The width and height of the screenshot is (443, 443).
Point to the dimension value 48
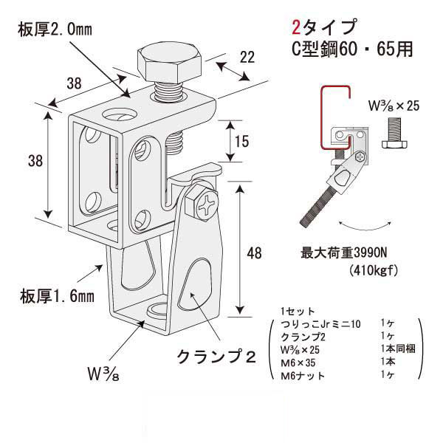tap(255, 253)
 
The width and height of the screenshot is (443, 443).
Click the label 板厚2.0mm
tap(55, 29)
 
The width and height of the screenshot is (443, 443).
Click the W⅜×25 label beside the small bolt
tap(393, 106)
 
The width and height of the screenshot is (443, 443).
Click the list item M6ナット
tap(307, 378)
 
